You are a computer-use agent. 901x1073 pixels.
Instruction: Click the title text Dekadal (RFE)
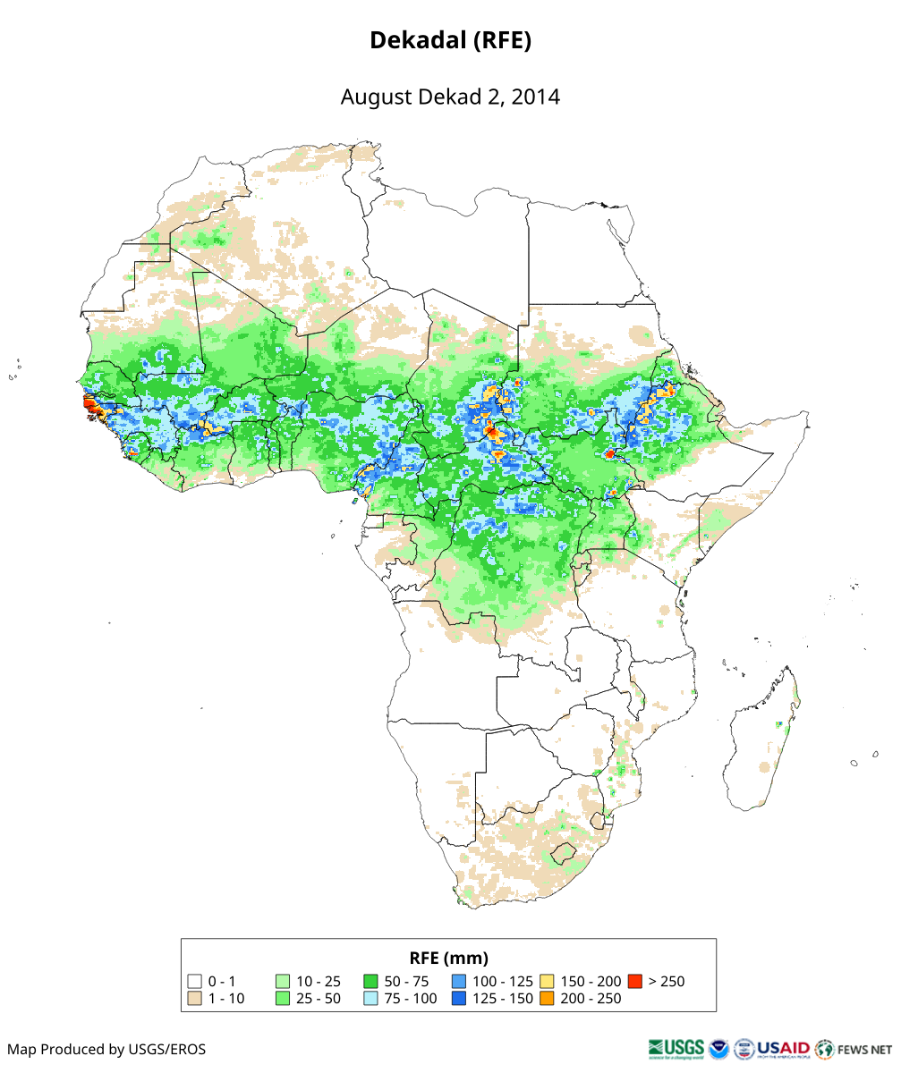[450, 41]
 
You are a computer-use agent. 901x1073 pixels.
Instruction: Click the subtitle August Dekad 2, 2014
[450, 97]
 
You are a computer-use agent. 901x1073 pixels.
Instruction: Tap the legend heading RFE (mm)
[448, 958]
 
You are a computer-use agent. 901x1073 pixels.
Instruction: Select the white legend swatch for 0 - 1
[194, 982]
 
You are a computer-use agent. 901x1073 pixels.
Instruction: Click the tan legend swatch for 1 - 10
[194, 998]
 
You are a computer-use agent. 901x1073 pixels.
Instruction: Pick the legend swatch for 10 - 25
[283, 982]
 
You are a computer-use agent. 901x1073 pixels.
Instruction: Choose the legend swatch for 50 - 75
[370, 982]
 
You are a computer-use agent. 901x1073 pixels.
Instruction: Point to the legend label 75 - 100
[411, 998]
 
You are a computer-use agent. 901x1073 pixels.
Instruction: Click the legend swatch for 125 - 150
[458, 998]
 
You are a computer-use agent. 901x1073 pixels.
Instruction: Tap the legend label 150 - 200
[591, 982]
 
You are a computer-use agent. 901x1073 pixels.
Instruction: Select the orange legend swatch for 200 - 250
[547, 998]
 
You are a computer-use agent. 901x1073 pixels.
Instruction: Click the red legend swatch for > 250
[634, 982]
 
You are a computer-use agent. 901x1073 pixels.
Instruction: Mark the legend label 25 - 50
[319, 998]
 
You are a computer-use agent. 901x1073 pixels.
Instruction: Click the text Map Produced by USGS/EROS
[106, 1049]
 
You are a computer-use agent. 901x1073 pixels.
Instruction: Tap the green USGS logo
[676, 1048]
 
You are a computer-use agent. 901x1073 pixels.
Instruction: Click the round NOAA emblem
[718, 1048]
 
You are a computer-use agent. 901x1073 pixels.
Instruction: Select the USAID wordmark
[784, 1048]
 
